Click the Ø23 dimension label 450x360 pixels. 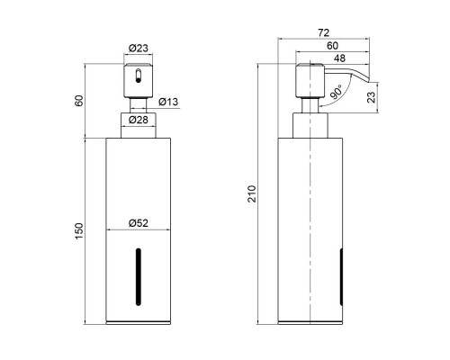coord(139,48)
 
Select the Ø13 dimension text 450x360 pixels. coord(168,102)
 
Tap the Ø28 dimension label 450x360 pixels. coord(139,120)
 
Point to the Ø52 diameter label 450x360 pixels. coord(139,223)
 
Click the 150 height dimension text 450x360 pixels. coord(79,231)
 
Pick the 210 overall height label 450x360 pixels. coord(252,194)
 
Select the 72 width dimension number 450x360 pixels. coord(323,32)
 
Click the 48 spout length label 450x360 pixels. coord(339,58)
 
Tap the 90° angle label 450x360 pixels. coord(336,92)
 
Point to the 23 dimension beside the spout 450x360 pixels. coord(371,97)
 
